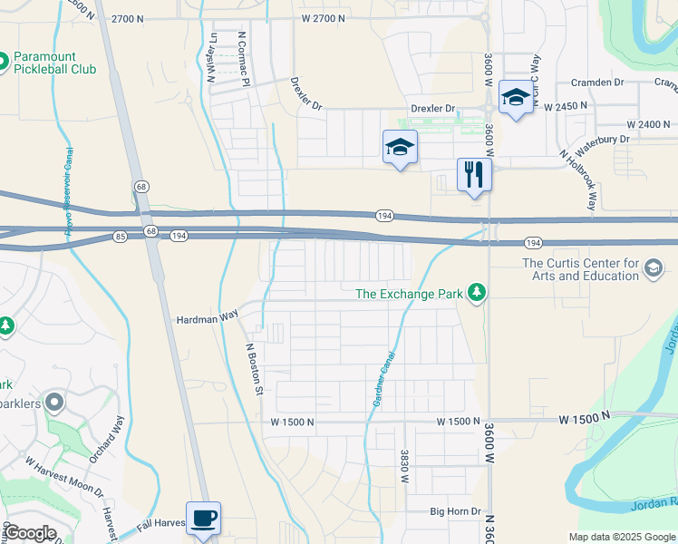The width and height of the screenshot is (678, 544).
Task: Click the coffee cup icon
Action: (203, 518)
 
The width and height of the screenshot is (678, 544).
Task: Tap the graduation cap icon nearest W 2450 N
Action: (516, 98)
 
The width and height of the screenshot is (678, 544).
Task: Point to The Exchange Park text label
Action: (409, 293)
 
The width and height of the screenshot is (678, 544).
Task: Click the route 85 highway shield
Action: (121, 237)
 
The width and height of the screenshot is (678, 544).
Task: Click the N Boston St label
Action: (256, 368)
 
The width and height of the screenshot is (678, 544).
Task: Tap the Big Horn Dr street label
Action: (455, 511)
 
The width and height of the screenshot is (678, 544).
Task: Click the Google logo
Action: (30, 533)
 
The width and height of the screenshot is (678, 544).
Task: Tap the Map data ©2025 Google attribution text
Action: (621, 536)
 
